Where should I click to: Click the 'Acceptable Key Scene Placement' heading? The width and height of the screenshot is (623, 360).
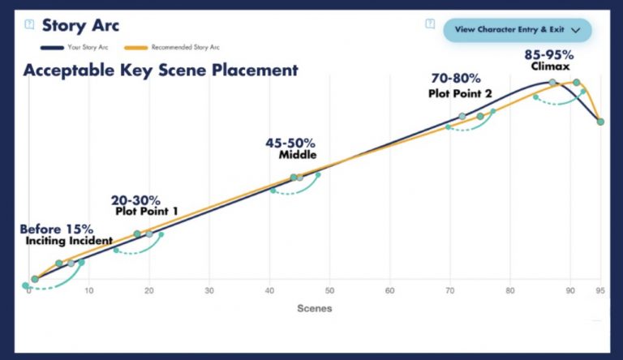(161, 70)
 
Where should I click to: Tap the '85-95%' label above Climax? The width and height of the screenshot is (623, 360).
(549, 55)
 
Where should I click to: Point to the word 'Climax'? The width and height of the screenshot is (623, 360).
(550, 66)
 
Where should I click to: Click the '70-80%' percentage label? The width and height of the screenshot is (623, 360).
(455, 79)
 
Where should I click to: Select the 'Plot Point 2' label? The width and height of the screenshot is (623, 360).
(460, 93)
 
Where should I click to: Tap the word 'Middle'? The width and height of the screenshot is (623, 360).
(297, 155)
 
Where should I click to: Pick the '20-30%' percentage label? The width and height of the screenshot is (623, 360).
(135, 200)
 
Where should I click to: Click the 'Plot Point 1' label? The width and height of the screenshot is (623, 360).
(146, 212)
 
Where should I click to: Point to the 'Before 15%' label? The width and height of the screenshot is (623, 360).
(57, 229)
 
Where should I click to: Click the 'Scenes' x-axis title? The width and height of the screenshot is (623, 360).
(314, 308)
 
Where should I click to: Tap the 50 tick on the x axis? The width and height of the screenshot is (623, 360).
(329, 290)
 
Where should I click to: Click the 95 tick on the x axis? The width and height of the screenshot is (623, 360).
(600, 290)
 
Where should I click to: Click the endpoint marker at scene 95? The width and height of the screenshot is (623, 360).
(600, 122)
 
